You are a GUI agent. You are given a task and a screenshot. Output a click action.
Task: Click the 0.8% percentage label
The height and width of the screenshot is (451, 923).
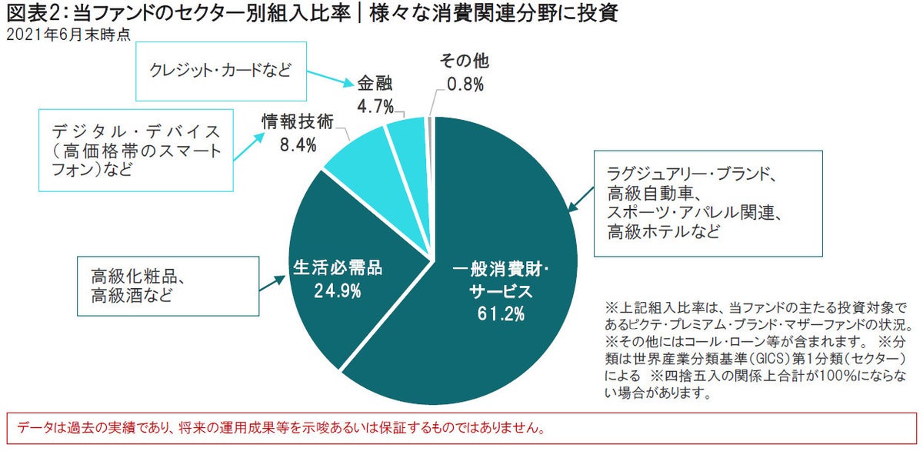464,85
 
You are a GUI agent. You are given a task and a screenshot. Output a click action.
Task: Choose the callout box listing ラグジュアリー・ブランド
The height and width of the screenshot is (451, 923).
708,203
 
